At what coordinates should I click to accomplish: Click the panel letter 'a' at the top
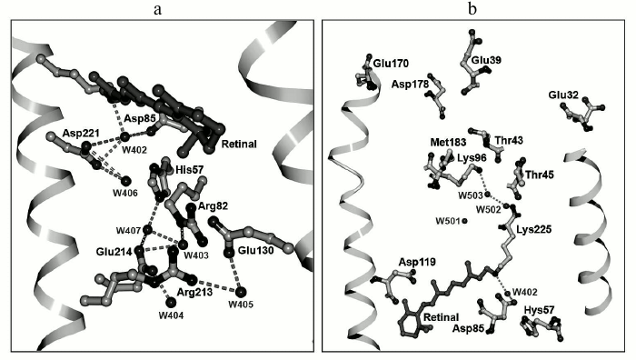pos(159,10)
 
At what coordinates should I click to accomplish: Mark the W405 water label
pos(241,304)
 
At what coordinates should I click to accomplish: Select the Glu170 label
pos(391,64)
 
